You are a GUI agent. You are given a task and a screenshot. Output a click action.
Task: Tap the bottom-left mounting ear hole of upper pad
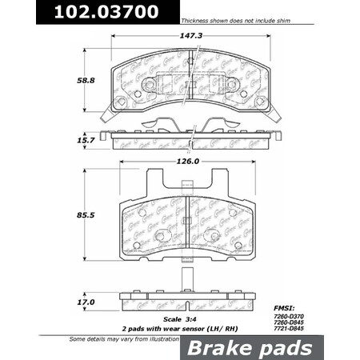(x=121, y=102)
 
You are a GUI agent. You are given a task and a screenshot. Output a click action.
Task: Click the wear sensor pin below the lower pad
(x=186, y=283)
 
